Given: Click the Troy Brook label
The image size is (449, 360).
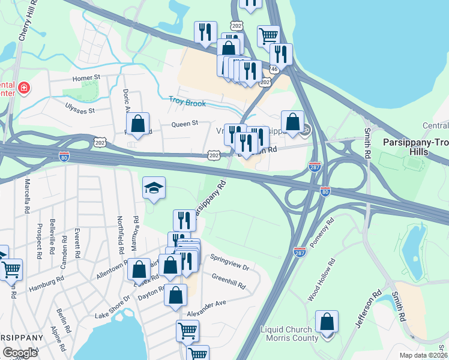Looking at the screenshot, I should coord(187,103).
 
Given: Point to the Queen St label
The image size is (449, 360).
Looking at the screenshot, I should coord(184,124).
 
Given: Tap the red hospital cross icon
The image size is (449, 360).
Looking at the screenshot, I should coord(24,89).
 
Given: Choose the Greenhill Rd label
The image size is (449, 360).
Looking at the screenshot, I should coord(229,281).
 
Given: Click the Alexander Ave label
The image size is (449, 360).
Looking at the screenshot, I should coord(206,304).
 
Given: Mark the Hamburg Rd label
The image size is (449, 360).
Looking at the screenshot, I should coord(46,284).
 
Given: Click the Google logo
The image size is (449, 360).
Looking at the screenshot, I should coord(20,353).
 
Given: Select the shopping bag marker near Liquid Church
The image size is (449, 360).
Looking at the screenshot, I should coord(327,322).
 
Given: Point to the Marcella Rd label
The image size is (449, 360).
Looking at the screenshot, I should coord(27,196).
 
